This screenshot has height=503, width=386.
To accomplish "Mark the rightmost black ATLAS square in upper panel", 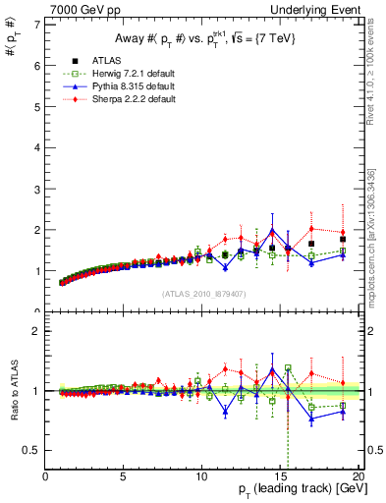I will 342,239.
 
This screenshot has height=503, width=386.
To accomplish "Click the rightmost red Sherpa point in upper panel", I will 342,232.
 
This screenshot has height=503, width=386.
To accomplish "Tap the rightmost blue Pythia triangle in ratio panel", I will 342,411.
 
